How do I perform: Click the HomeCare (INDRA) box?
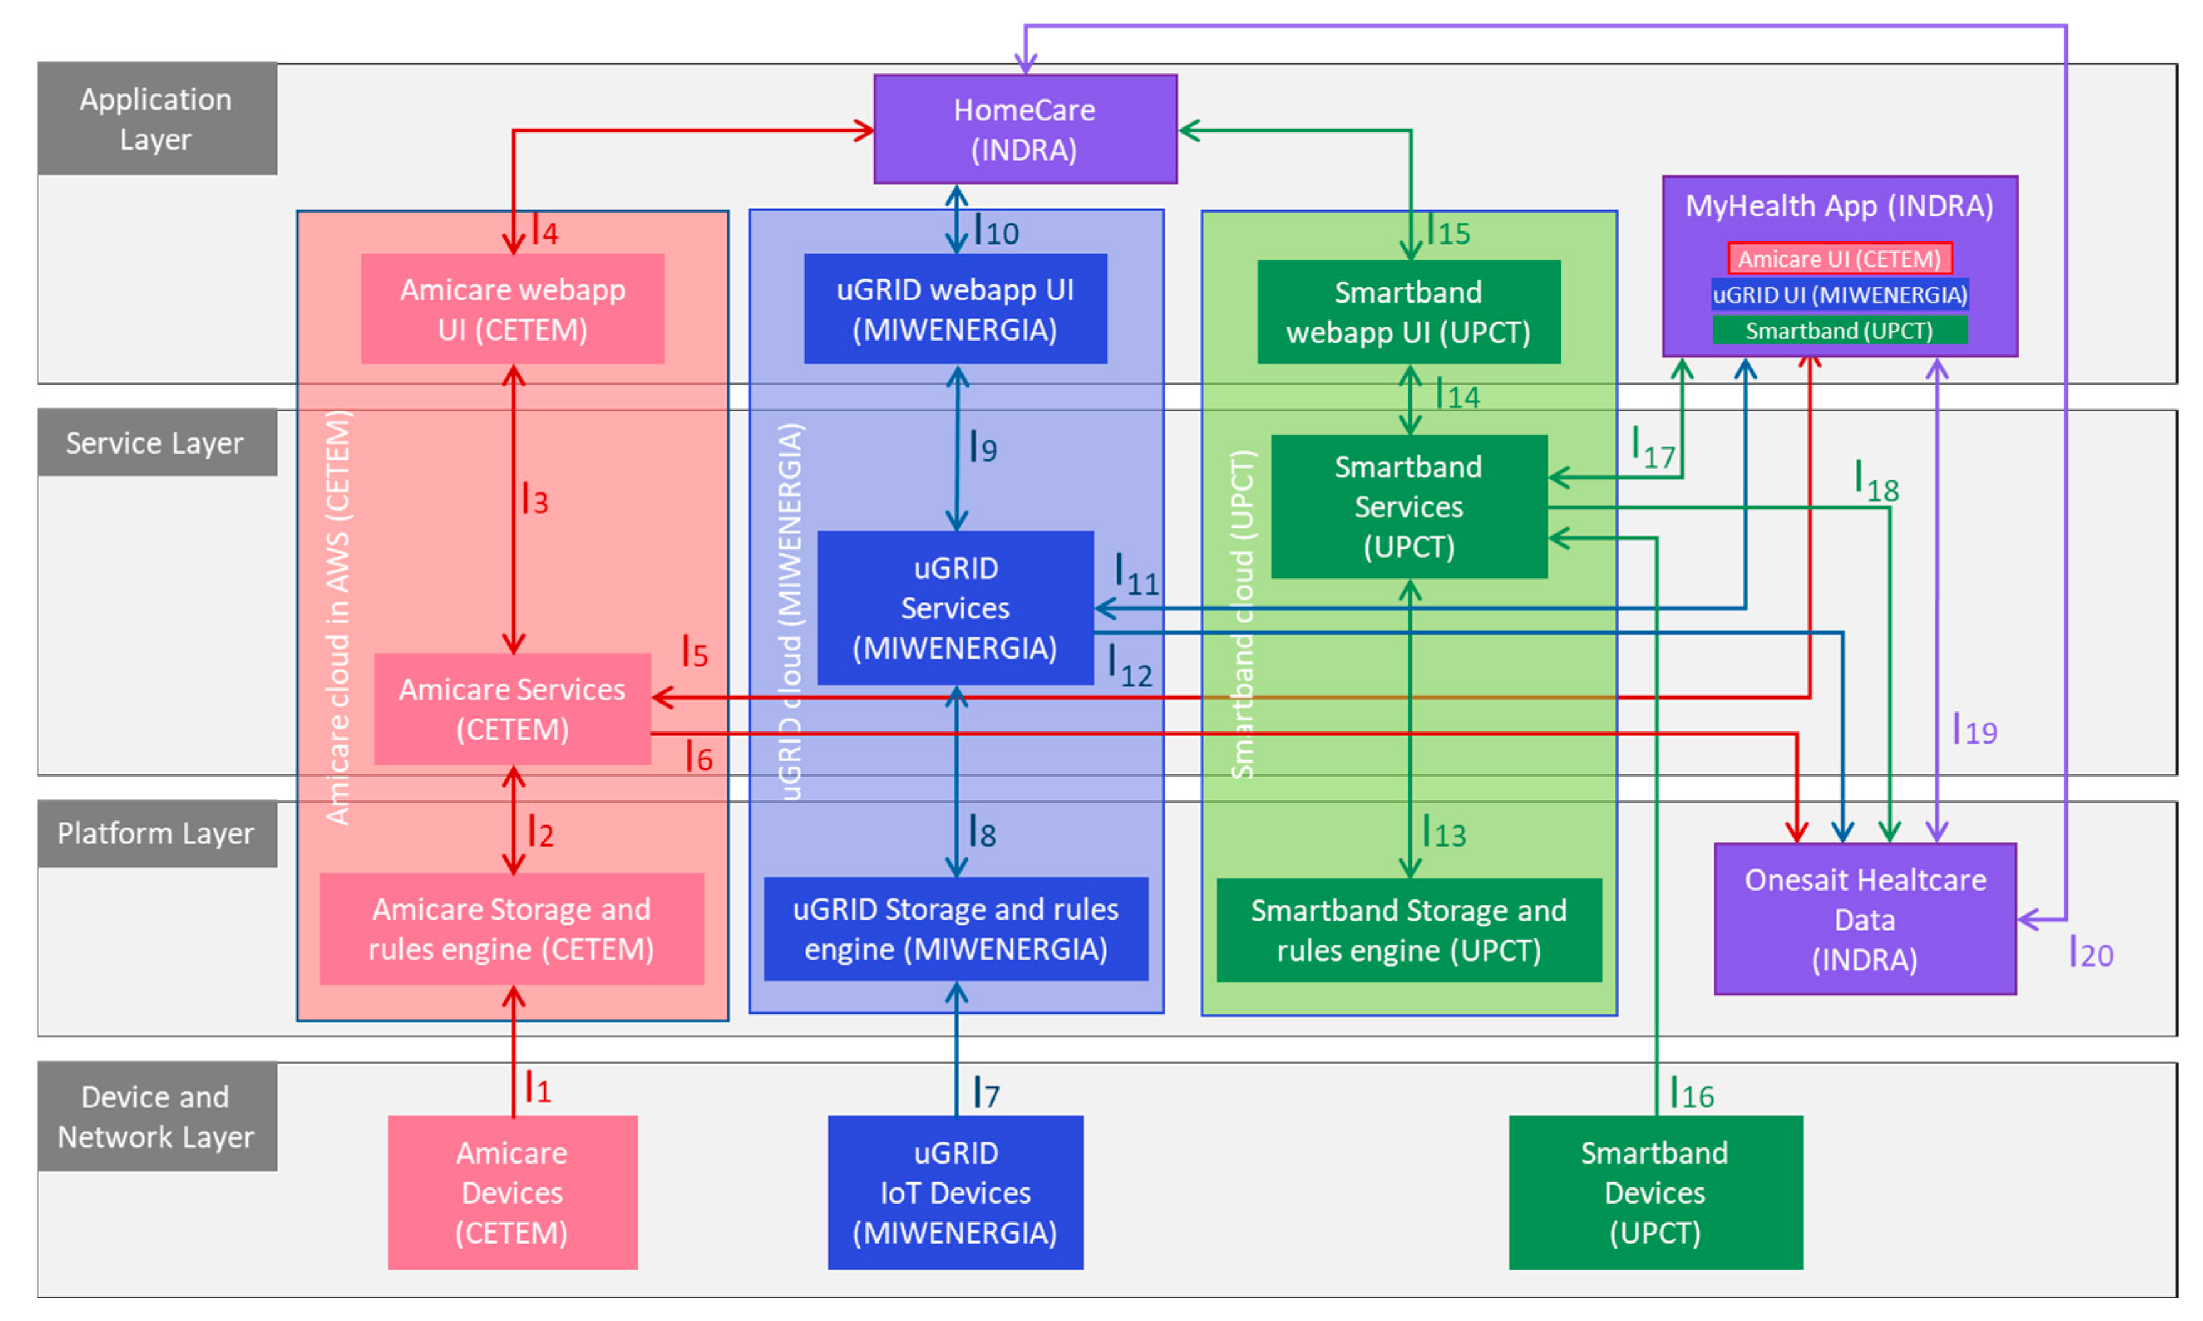click(x=1024, y=129)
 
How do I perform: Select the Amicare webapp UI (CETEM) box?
click(x=512, y=309)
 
